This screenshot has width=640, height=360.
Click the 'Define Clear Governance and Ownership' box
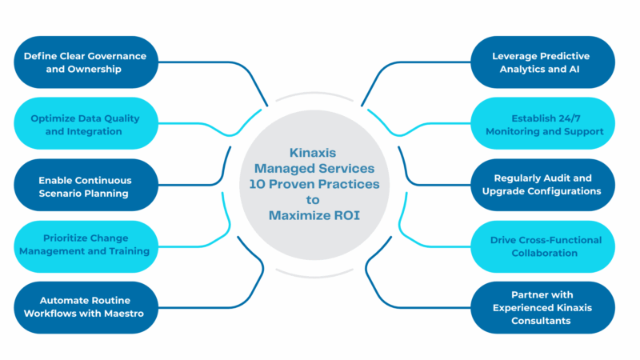coord(84,62)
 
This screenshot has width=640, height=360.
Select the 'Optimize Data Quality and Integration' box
coord(84,124)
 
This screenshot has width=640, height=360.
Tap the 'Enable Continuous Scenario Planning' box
coord(84,186)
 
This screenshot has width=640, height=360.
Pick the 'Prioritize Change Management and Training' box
coord(84,246)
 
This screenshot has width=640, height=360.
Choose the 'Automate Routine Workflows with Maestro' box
coord(84,307)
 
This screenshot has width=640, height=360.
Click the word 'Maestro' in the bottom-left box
coord(123,314)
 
